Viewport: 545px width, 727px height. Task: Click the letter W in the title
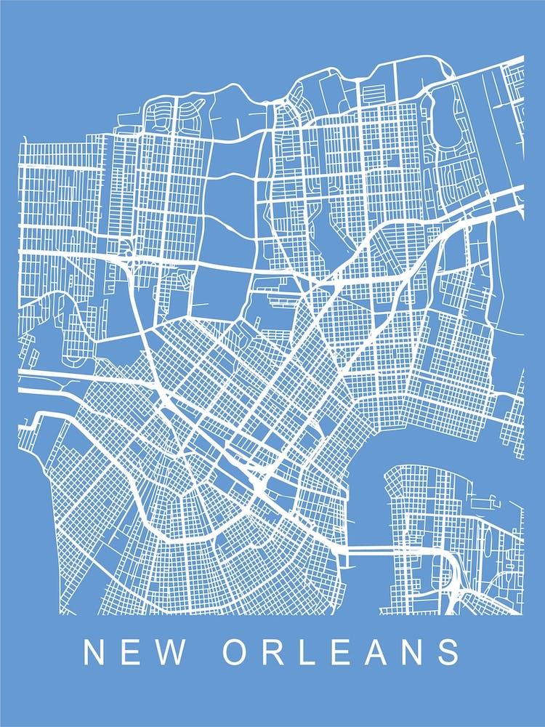(x=170, y=652)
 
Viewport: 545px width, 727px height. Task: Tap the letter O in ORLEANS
(x=238, y=652)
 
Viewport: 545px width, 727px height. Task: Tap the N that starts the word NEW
(x=95, y=652)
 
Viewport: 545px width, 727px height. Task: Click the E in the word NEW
(x=132, y=652)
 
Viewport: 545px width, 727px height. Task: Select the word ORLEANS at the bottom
(x=342, y=652)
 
